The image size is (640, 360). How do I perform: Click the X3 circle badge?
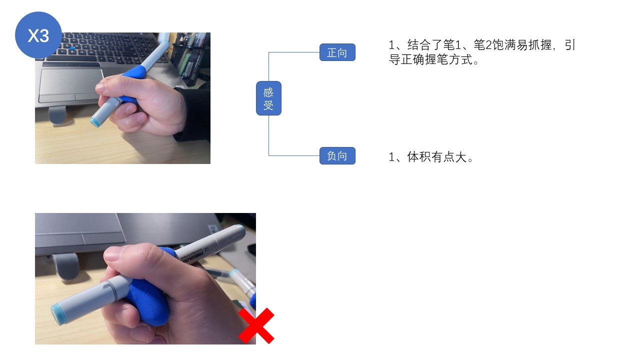(x=38, y=35)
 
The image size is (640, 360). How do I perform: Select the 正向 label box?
(x=337, y=52)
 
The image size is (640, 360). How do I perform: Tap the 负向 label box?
(x=337, y=156)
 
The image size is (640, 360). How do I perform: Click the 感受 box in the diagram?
(x=268, y=98)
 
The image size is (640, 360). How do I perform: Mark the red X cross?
(x=256, y=326)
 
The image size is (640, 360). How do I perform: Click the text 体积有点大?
(x=440, y=157)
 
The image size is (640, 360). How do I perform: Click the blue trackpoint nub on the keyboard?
(x=72, y=49)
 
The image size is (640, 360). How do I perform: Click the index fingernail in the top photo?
(x=101, y=88)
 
